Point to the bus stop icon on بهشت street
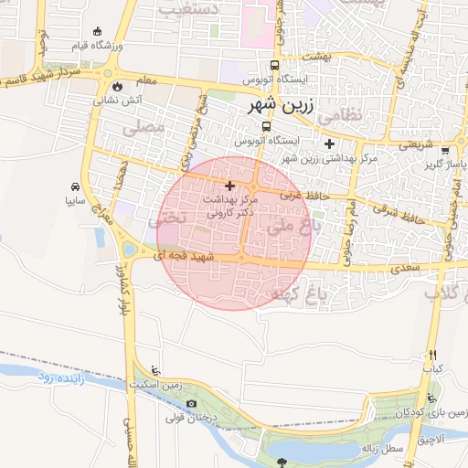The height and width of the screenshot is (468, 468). pyautogui.click(x=274, y=65)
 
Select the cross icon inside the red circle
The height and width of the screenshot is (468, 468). pyautogui.click(x=229, y=185)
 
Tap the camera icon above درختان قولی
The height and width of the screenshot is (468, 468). pyautogui.click(x=190, y=404)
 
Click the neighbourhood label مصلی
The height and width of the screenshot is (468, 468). pyautogui.click(x=149, y=129)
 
